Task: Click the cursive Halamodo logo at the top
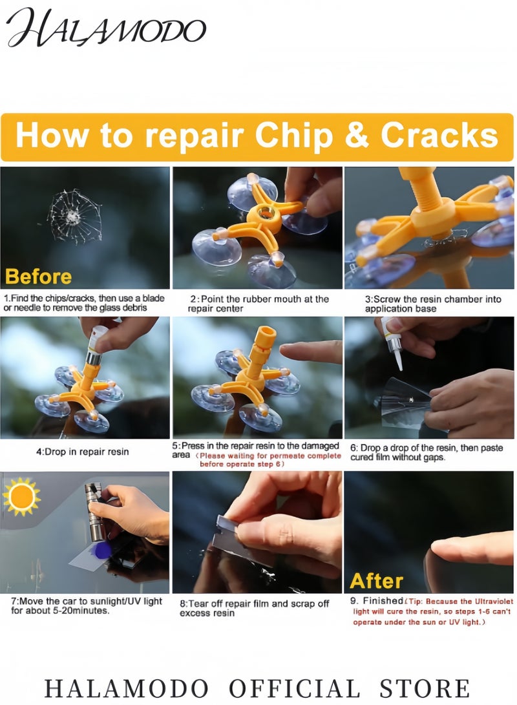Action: [106, 28]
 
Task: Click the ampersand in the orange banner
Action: [357, 135]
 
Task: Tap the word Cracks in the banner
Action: [439, 135]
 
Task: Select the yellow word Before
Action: [38, 277]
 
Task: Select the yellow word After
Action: [376, 581]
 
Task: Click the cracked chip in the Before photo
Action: [74, 216]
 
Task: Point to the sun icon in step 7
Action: [21, 496]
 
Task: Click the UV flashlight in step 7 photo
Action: [95, 512]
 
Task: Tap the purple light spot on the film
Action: [101, 551]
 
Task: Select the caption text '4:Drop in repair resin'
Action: [82, 452]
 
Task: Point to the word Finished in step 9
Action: [383, 601]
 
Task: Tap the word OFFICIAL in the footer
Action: [295, 688]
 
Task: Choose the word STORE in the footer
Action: [425, 688]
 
